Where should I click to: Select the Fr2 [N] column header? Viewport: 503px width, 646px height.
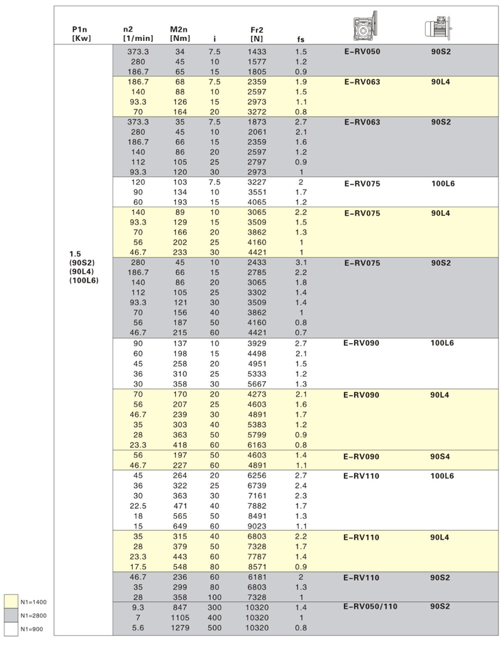257,33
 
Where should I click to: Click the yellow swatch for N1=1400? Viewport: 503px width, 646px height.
11,601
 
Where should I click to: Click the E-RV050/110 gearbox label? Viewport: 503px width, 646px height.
371,607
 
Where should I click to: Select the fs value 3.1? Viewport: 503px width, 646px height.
301,262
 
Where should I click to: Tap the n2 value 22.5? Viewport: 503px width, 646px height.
138,495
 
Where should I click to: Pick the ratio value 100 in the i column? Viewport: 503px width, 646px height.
214,597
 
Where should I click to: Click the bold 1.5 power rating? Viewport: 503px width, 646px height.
75,253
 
